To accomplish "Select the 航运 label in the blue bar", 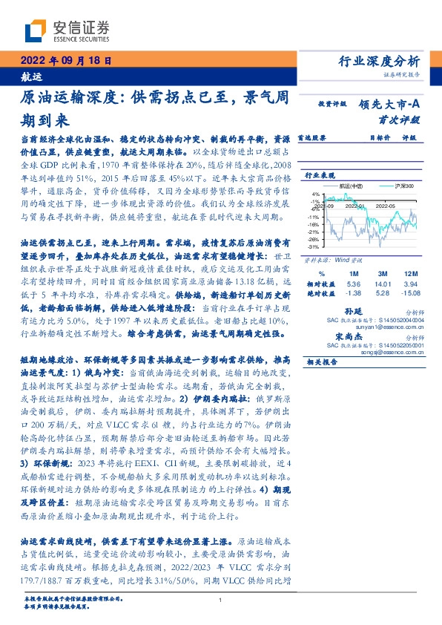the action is click(x=31, y=76).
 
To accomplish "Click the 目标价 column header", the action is click(x=380, y=137).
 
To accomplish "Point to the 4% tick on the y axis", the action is click(x=314, y=193).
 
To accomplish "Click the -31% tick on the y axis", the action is click(x=313, y=246).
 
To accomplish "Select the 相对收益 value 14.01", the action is click(x=383, y=284).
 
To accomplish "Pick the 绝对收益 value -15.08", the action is click(x=413, y=293).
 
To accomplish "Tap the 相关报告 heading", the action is click(x=321, y=361).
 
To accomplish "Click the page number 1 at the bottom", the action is click(x=220, y=600).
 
